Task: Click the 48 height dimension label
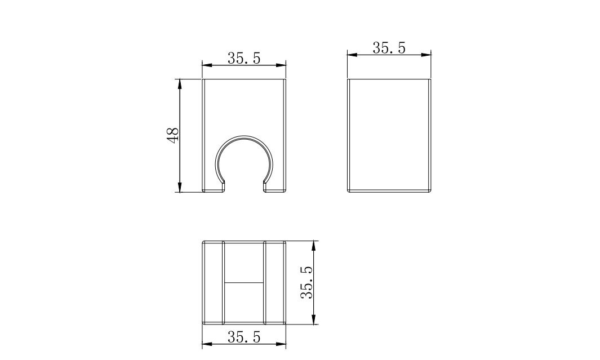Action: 173,135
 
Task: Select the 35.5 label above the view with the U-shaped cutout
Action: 244,58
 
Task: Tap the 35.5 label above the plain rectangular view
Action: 389,48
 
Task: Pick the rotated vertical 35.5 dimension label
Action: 307,282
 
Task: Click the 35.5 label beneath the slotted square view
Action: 244,337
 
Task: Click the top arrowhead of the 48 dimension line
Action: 180,84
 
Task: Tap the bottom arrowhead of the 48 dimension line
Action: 180,186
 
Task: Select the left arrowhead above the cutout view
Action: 207,65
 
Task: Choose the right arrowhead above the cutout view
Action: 281,65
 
